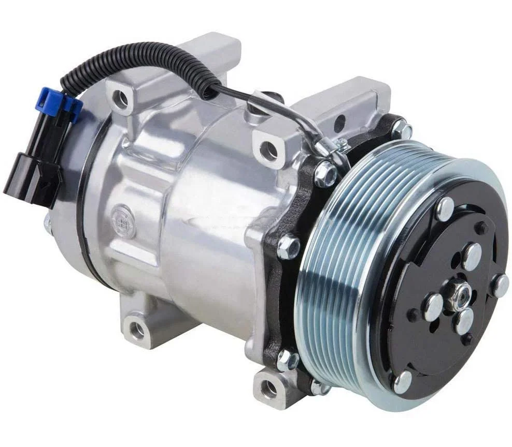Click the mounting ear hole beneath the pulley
(270, 386)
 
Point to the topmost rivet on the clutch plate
(444, 208)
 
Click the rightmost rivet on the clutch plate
(501, 285)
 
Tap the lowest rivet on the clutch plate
(402, 382)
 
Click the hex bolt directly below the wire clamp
(325, 174)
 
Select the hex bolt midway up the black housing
(288, 247)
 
